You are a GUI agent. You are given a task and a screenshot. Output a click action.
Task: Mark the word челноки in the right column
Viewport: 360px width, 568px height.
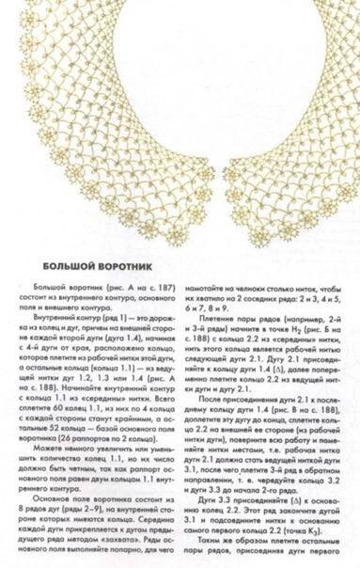(235, 285)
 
